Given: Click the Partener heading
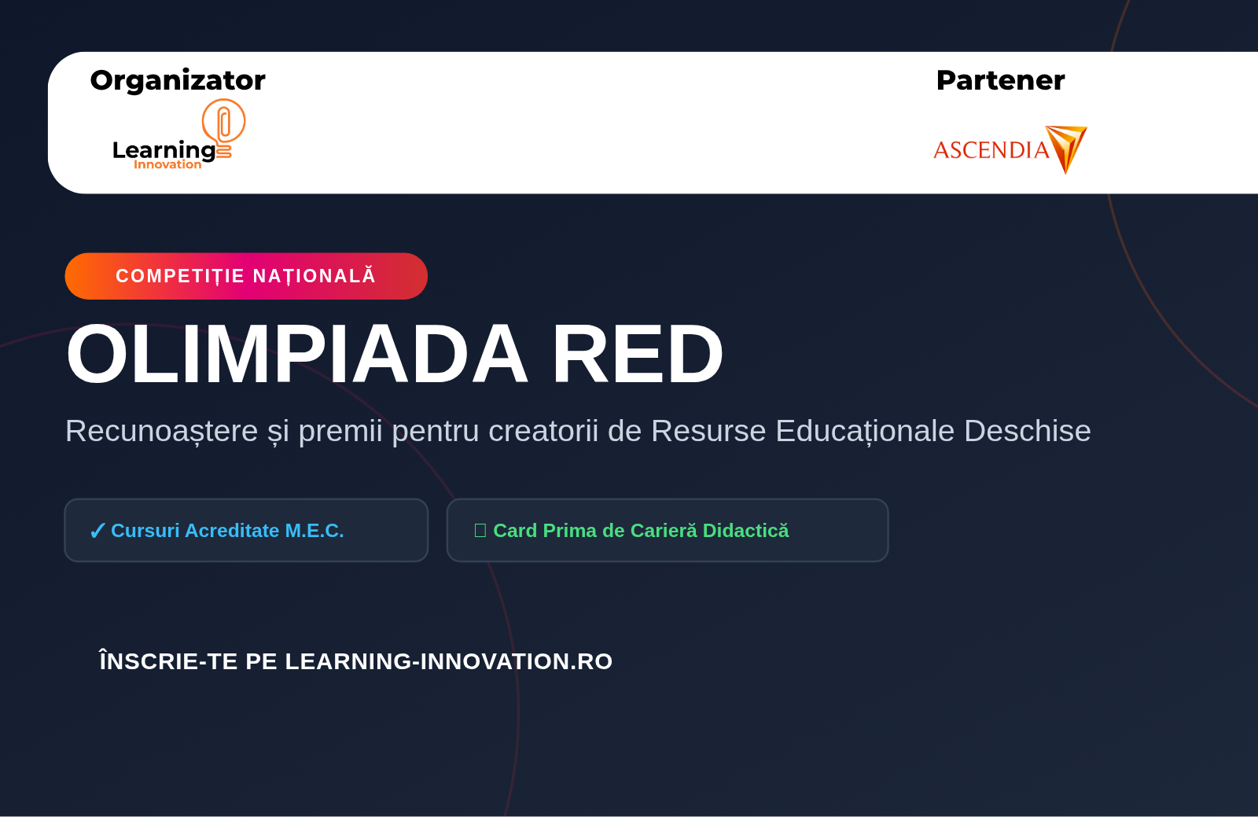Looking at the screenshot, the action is (x=1000, y=80).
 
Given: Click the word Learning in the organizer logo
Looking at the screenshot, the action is (x=164, y=150).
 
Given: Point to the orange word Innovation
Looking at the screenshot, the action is (x=167, y=164).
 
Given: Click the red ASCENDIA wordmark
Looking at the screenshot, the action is (x=991, y=150).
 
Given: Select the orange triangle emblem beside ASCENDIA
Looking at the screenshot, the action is (x=1066, y=149).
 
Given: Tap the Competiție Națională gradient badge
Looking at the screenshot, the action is (x=246, y=276).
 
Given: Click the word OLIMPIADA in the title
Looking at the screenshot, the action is (x=296, y=354).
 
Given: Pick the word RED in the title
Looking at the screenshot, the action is (x=638, y=354).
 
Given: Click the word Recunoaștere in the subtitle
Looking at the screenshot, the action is (x=162, y=431).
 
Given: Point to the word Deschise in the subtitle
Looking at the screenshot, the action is (x=1027, y=431).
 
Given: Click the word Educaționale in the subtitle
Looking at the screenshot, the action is (x=865, y=431).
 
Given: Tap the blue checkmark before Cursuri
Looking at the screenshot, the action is (x=97, y=531).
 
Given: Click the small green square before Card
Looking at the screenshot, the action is (x=480, y=531).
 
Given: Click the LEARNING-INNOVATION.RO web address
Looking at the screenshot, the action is (x=449, y=661).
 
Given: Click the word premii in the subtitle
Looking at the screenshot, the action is (x=340, y=431).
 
